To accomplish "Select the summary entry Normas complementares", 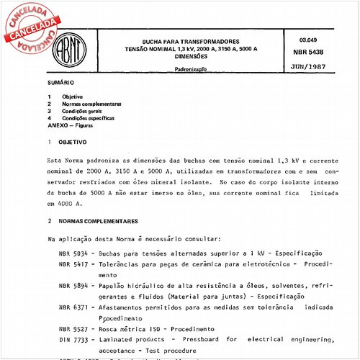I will (91, 104).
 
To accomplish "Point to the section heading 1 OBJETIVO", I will (65, 143).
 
